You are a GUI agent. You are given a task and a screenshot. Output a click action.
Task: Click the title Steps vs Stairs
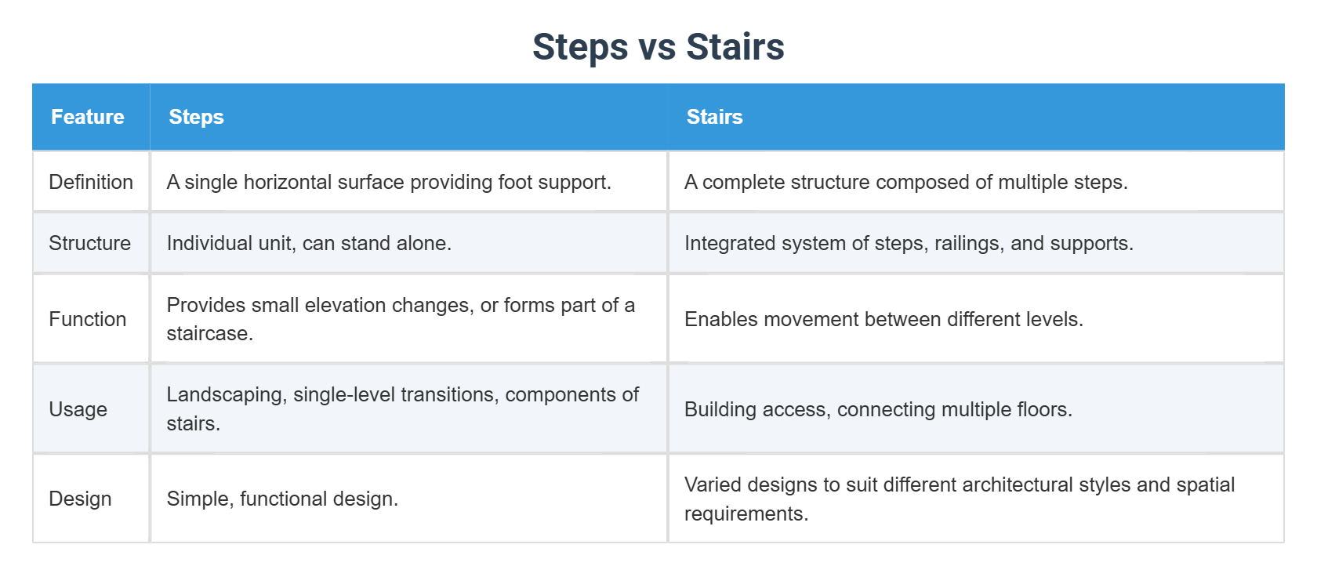click(658, 47)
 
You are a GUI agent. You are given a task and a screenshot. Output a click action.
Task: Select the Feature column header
click(88, 117)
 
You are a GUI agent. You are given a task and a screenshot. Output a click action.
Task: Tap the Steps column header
click(196, 117)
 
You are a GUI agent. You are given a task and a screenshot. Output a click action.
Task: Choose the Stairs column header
click(714, 117)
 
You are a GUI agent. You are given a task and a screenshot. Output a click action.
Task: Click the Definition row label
click(91, 182)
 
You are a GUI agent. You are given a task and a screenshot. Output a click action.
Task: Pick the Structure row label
click(89, 243)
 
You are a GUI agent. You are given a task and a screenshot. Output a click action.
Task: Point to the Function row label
click(87, 319)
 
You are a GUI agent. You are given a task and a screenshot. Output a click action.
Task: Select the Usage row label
click(78, 409)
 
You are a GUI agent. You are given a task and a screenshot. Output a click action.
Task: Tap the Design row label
click(80, 499)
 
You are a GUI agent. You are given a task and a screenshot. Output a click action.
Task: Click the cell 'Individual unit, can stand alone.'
click(309, 243)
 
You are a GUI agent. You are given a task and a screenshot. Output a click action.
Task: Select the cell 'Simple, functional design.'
click(282, 499)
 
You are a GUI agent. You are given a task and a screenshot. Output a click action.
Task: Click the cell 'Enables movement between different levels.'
click(883, 319)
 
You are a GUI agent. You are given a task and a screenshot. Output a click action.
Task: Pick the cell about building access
click(878, 409)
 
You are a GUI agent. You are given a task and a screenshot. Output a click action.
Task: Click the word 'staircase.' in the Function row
click(209, 334)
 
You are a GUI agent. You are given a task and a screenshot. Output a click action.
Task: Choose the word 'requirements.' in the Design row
click(746, 514)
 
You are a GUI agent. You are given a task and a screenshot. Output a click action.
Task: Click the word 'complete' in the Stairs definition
click(743, 182)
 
